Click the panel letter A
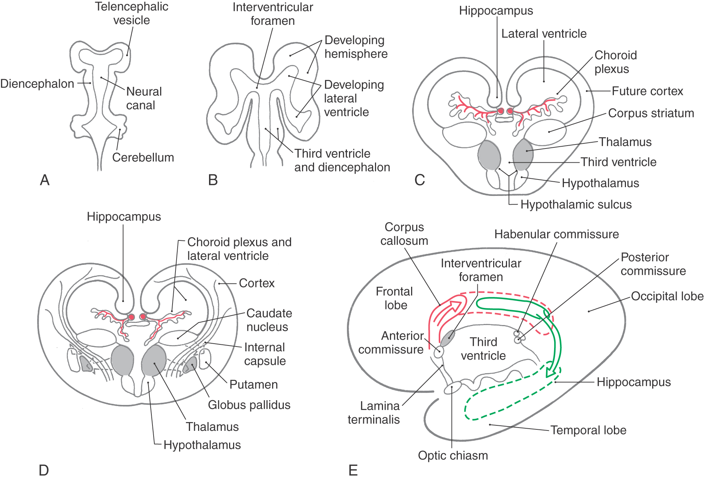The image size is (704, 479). tap(45, 180)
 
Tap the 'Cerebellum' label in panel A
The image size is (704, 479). tap(143, 157)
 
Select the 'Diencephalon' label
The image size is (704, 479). tap(37, 84)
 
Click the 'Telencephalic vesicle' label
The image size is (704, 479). tap(131, 13)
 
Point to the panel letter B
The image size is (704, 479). tap(213, 180)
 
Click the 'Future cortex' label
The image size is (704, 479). tap(647, 91)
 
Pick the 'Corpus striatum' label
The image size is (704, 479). tap(651, 113)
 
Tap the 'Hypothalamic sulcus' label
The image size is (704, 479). tap(576, 204)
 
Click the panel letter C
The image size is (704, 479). tap(419, 180)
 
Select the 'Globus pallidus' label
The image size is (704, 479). tap(249, 405)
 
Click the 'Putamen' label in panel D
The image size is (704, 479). tap(254, 385)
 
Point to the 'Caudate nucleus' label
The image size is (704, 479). tap(269, 320)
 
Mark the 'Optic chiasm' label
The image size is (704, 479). tap(453, 455)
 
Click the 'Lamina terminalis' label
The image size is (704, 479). tap(374, 413)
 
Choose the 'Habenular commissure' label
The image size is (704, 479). tap(556, 234)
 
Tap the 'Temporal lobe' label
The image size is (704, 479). tap(588, 430)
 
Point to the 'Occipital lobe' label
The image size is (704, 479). tap(667, 296)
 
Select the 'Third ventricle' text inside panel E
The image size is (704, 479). tap(483, 349)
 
